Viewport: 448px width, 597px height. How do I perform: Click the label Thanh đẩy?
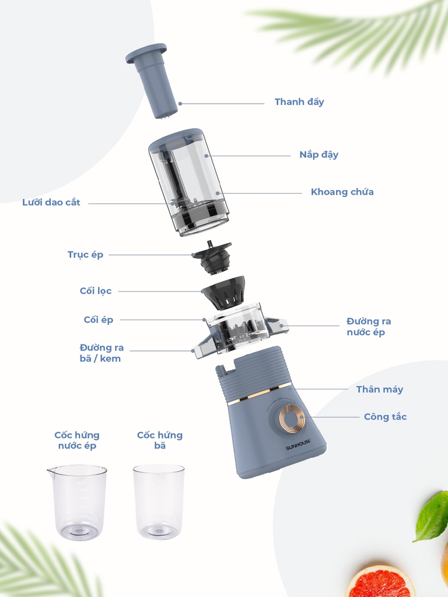(299, 102)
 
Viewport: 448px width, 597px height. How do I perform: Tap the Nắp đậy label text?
(319, 154)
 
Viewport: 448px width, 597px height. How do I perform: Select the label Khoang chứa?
(342, 192)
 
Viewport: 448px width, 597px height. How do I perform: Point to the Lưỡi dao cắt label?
(51, 202)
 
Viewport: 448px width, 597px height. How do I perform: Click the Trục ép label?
(85, 255)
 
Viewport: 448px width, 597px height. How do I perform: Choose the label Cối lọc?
(96, 291)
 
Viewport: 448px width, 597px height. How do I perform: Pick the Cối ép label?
(98, 320)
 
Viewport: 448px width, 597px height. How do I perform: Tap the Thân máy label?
(379, 389)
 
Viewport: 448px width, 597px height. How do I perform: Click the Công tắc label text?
(385, 417)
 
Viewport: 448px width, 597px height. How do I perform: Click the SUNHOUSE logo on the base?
(299, 445)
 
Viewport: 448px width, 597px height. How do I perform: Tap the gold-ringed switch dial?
(292, 419)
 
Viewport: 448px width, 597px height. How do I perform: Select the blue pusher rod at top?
(152, 80)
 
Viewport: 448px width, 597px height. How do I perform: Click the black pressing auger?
(212, 257)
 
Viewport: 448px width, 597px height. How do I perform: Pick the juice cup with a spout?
(77, 502)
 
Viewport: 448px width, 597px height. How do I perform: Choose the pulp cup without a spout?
(159, 501)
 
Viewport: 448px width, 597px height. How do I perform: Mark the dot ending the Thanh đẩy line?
(180, 103)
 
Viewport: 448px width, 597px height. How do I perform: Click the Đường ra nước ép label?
(369, 326)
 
